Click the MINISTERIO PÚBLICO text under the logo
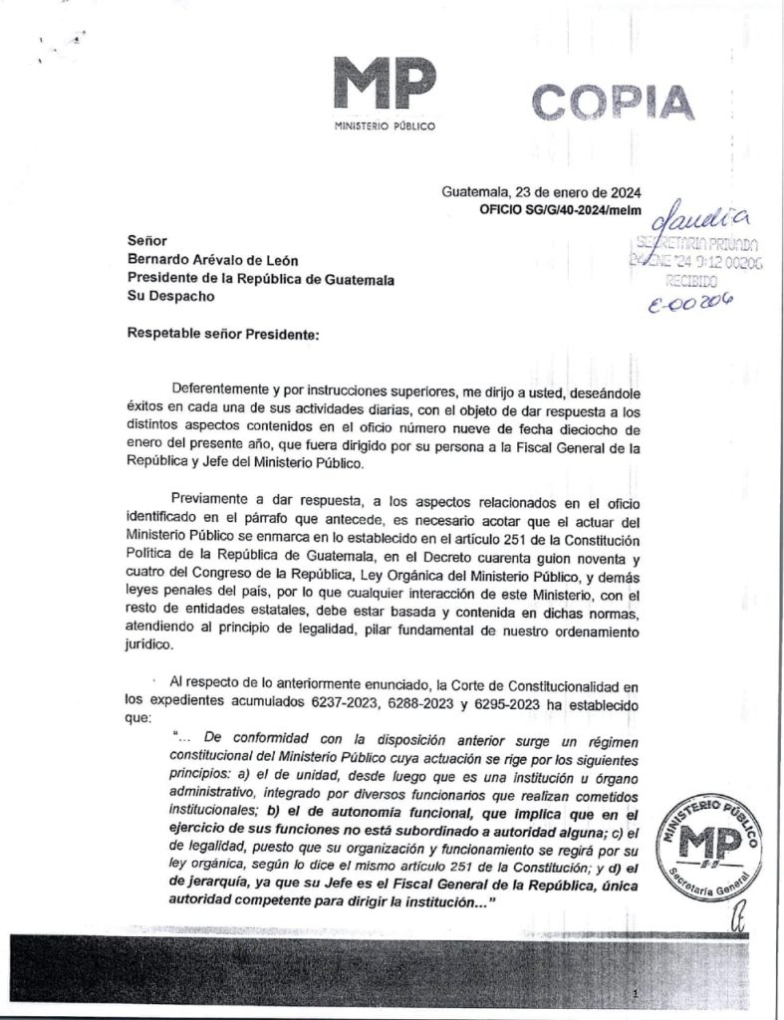point(385,129)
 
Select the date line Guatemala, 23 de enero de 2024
point(541,193)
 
